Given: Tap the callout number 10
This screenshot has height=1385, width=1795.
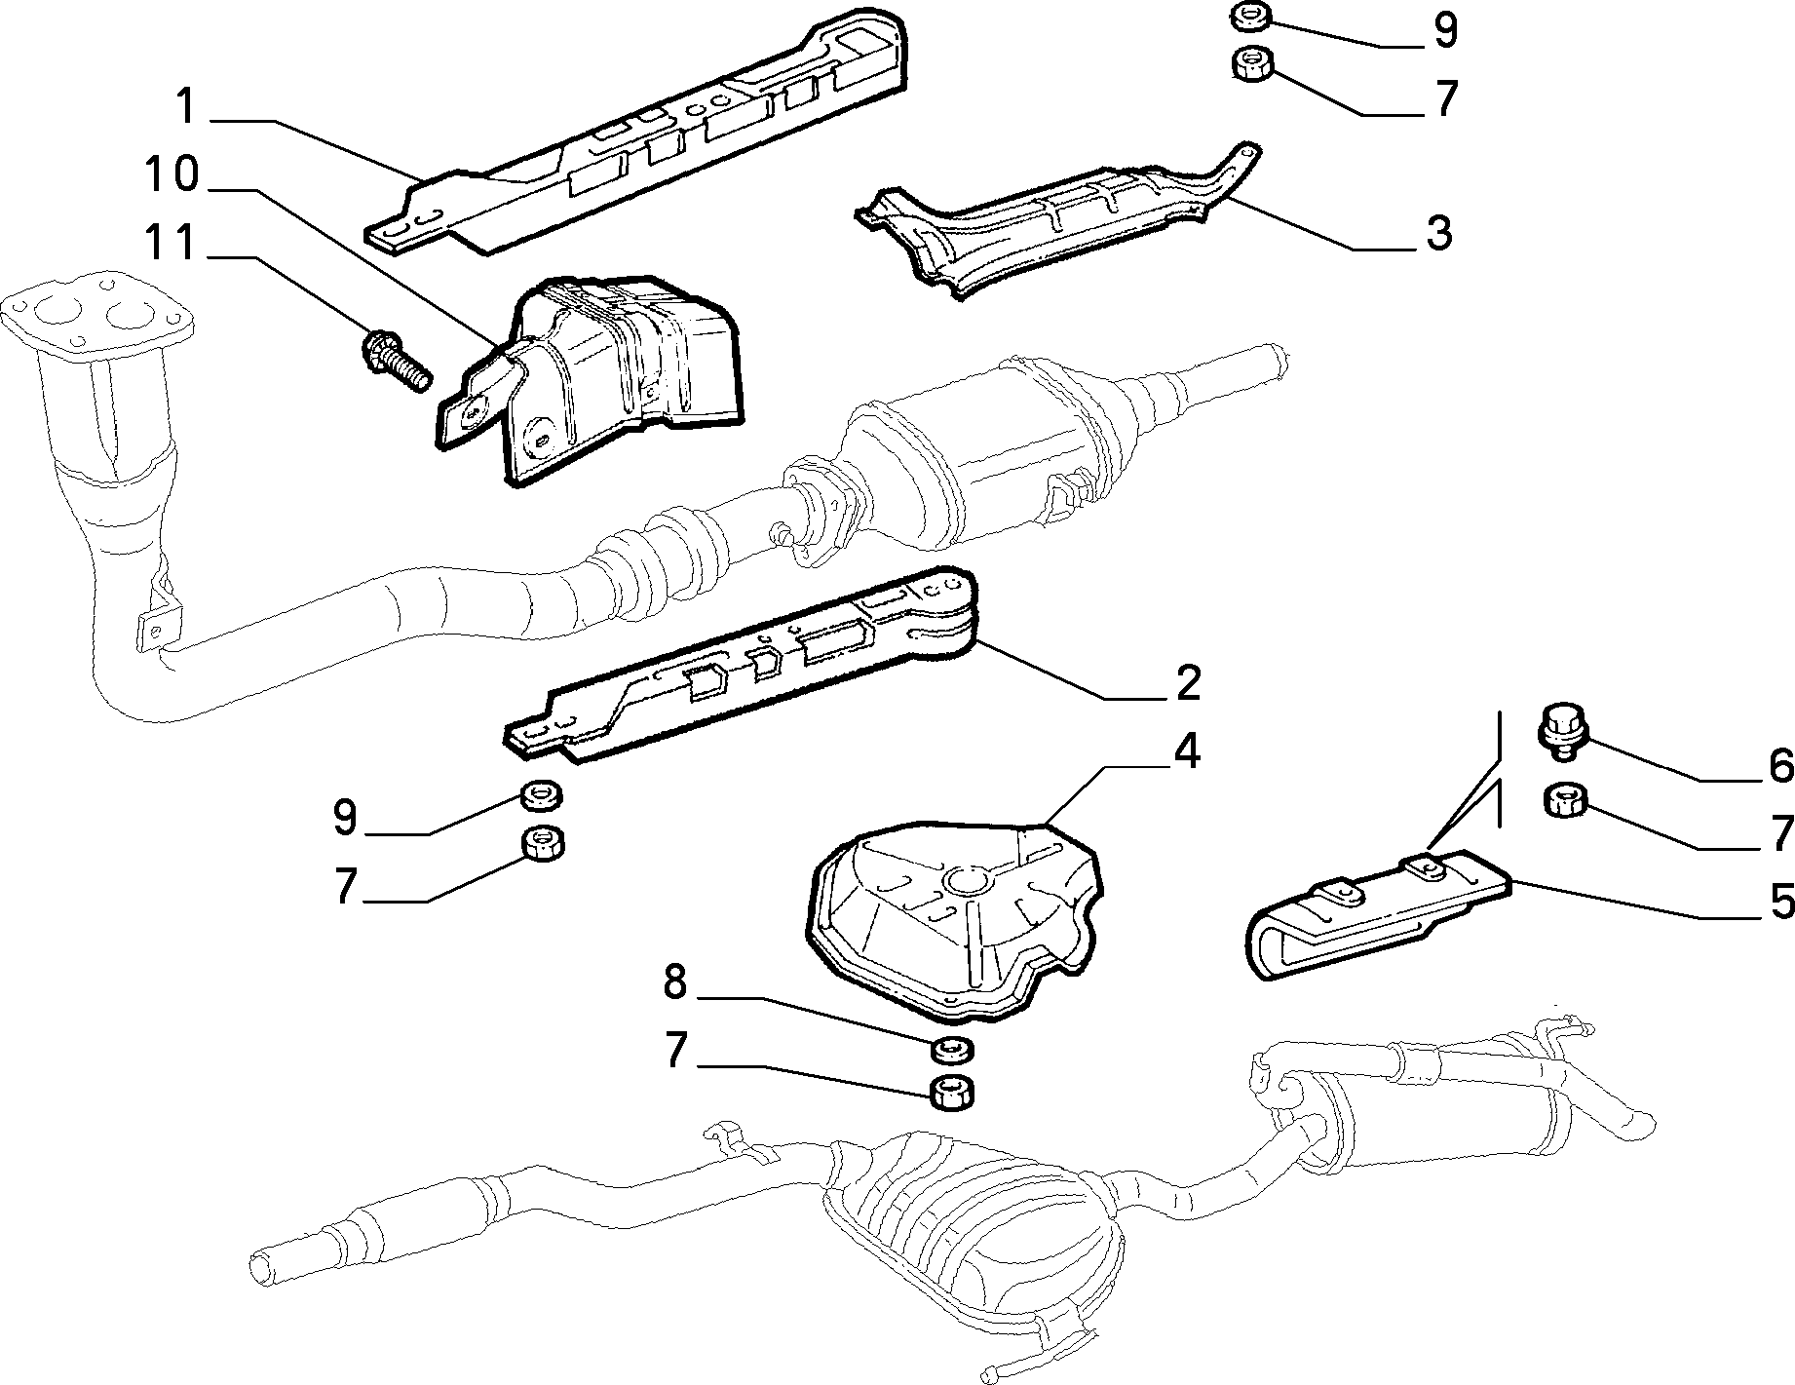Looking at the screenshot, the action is click(x=172, y=175).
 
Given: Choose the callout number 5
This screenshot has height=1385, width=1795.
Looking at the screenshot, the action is click(x=1781, y=902).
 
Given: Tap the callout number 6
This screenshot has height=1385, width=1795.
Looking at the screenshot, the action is click(x=1779, y=767).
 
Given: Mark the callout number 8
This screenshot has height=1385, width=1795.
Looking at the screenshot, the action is click(x=675, y=982).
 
